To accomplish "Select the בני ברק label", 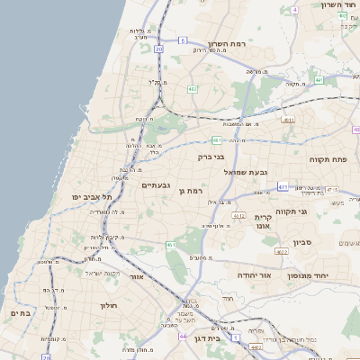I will [211, 157].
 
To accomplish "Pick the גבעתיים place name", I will [157, 184].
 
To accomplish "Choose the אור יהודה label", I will [254, 274].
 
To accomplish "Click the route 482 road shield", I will [193, 89].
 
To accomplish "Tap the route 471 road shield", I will [283, 186].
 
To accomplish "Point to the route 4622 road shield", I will [281, 253].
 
